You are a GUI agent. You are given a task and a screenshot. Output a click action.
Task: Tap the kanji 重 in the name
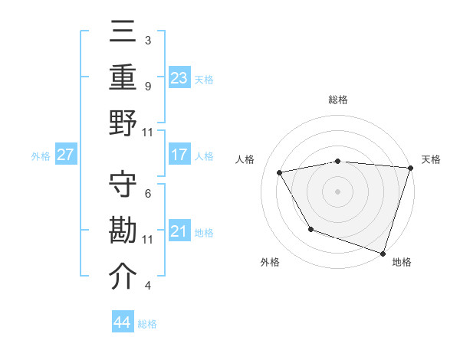click(123, 77)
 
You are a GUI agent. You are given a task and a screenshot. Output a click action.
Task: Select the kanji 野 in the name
click(123, 122)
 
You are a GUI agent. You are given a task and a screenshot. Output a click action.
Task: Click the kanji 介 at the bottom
click(123, 276)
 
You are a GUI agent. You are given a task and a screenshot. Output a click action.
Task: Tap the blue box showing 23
click(179, 77)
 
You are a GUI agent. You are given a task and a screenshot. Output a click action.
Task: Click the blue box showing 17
click(179, 155)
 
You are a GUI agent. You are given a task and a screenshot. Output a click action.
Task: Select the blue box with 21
click(179, 231)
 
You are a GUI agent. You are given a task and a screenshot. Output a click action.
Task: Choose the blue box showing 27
click(66, 155)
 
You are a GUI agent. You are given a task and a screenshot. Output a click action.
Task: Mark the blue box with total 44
click(123, 322)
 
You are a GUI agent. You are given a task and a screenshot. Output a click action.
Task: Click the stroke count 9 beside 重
click(147, 86)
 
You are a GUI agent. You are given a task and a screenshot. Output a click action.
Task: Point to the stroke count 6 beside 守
click(147, 194)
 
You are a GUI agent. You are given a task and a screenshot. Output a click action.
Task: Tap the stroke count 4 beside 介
click(147, 286)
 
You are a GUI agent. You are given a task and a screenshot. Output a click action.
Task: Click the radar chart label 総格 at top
click(338, 100)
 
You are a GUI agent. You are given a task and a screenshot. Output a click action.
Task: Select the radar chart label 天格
click(431, 159)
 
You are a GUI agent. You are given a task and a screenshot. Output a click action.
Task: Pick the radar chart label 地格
click(402, 262)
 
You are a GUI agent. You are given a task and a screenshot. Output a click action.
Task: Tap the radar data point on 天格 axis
click(410, 168)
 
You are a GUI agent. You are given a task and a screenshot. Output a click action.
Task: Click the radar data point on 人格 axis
click(280, 172)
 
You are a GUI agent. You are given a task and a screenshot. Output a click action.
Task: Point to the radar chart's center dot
click(338, 191)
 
